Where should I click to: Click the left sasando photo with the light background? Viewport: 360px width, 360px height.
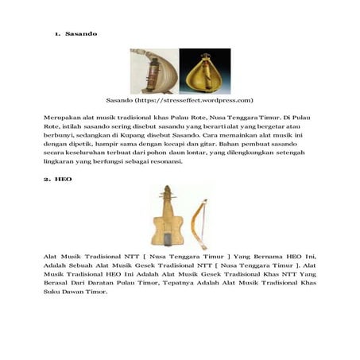coord(154,72)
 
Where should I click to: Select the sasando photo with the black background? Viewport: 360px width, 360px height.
coord(205,72)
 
